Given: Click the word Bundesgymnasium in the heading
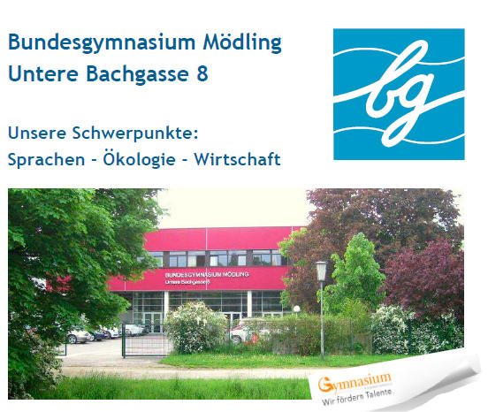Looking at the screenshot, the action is [x=102, y=43].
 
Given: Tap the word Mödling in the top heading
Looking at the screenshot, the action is [x=242, y=42].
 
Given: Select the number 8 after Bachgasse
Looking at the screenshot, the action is [x=202, y=73].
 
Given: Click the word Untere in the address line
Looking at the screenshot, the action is [x=43, y=73].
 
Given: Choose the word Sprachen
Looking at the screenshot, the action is [x=46, y=160].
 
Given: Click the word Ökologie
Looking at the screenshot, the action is [x=139, y=159].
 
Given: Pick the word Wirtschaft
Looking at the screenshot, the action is [x=237, y=159].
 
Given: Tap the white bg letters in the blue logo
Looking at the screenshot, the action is [x=400, y=94].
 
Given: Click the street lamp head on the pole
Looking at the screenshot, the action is [x=321, y=271].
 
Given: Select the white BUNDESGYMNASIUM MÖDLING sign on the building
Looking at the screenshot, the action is [x=207, y=274].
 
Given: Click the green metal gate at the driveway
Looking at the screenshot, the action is [x=146, y=340].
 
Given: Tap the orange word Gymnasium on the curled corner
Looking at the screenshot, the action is [x=355, y=382].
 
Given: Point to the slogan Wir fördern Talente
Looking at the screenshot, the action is [x=357, y=397].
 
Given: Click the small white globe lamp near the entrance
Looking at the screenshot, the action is [x=296, y=309].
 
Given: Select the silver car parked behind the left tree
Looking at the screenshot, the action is [x=79, y=336].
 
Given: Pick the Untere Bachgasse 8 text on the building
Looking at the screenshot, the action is [x=187, y=282].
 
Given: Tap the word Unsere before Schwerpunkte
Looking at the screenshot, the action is [x=37, y=133].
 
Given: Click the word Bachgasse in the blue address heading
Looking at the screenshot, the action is [x=137, y=74].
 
